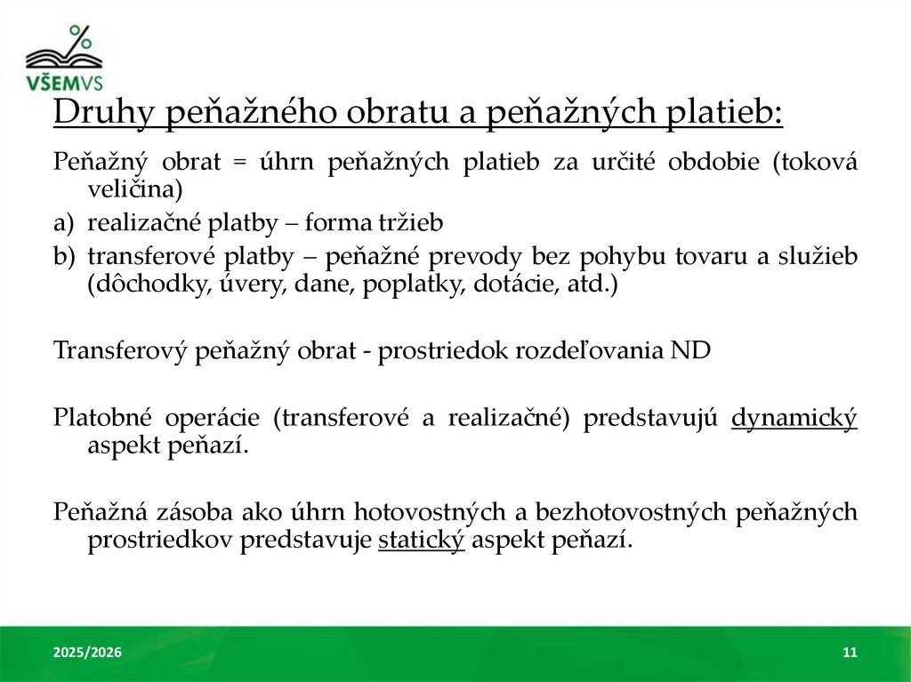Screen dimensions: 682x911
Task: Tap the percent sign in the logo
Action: pos(80,37)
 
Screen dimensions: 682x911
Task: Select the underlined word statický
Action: pos(422,540)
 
